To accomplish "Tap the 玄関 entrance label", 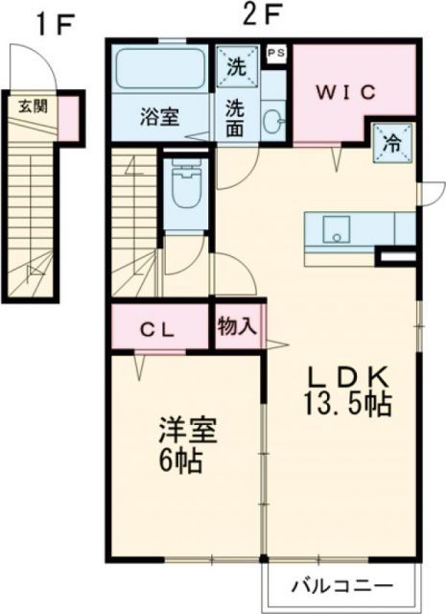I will (34, 106).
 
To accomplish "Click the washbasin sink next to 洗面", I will (272, 119).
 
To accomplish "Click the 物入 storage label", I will (236, 326).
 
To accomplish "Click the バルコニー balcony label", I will (341, 585).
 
